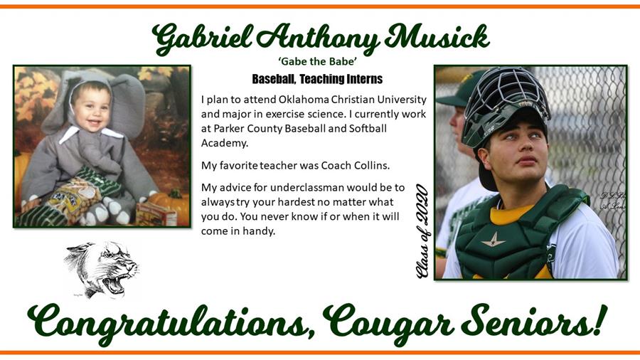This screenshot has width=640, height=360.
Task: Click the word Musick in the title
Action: click(x=437, y=38)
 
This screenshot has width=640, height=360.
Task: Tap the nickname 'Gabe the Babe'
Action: click(x=318, y=61)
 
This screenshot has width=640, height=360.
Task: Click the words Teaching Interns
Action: click(x=341, y=79)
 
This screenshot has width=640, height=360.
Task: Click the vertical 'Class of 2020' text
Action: click(x=422, y=232)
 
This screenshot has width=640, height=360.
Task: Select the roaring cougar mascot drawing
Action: click(x=102, y=269)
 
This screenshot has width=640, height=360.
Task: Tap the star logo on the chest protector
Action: click(x=494, y=240)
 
